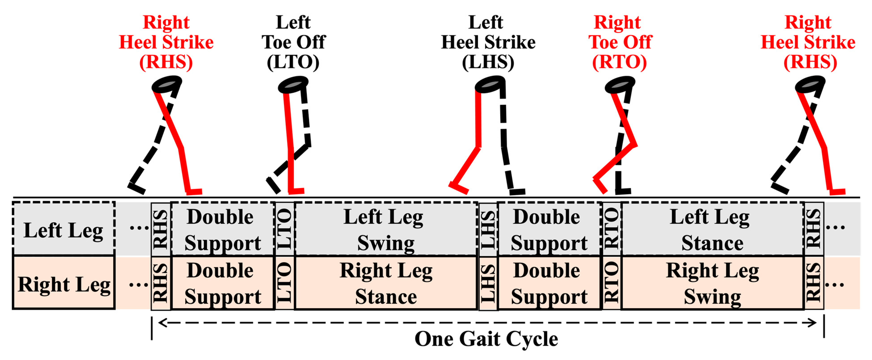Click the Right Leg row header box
pyautogui.click(x=64, y=283)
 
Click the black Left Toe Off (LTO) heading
pyautogui.click(x=293, y=42)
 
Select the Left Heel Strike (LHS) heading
pyautogui.click(x=488, y=42)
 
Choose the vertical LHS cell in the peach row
pyautogui.click(x=488, y=283)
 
